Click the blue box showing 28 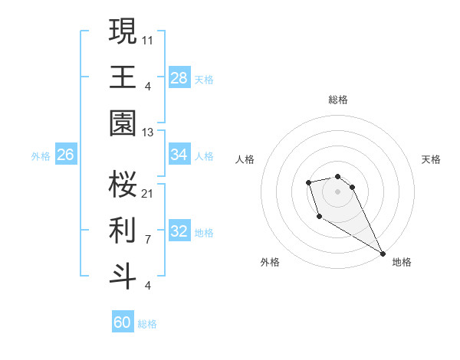179,78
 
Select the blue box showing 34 179,155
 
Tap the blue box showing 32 179,231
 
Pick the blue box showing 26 65,155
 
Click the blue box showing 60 123,322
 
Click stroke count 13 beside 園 148,133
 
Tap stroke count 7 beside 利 147,239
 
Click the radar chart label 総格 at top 337,100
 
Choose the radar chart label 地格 402,262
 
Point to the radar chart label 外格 270,262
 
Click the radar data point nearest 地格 383,254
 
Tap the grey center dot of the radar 337,191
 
